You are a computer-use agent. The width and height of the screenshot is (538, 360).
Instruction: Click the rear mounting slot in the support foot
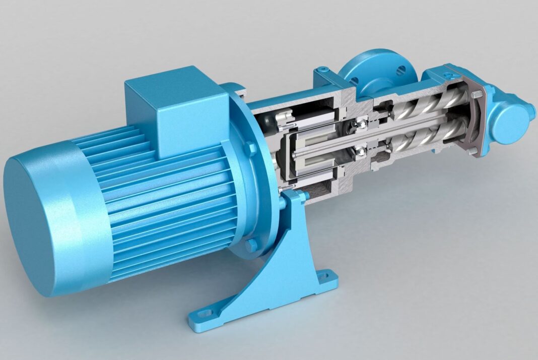(330, 276)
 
